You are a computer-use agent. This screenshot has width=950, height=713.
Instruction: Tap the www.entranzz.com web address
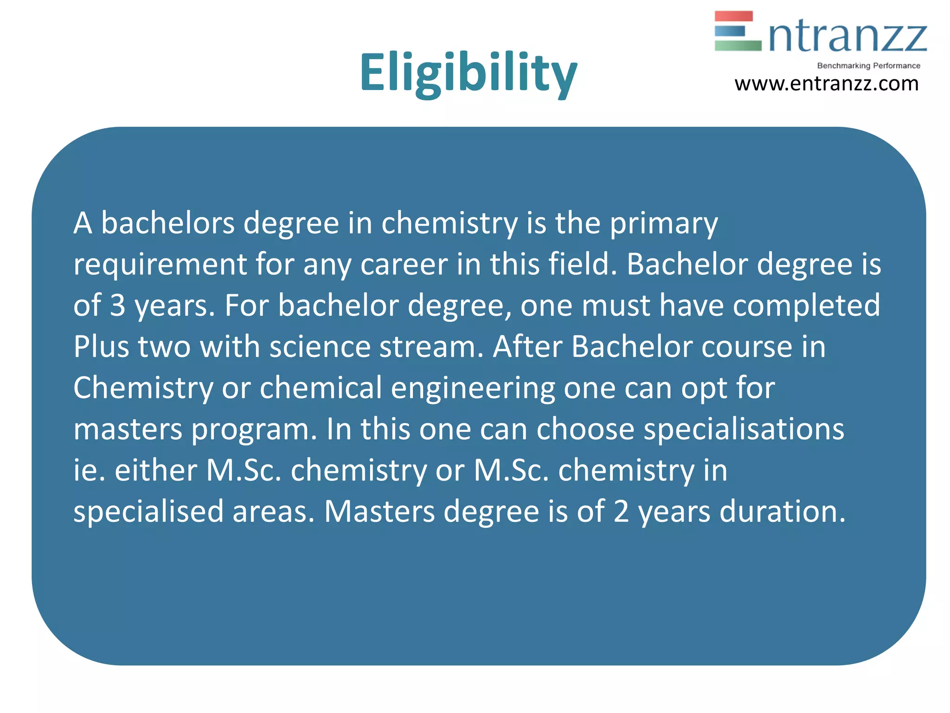(826, 84)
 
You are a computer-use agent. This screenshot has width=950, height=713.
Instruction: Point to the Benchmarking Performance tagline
(868, 66)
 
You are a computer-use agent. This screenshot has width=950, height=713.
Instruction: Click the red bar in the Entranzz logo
(733, 16)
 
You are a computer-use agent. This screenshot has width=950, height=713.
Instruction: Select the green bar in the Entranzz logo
(738, 45)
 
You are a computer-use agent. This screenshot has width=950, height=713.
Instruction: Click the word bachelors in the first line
(168, 223)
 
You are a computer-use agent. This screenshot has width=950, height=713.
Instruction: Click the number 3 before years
(118, 306)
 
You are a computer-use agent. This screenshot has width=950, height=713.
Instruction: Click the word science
(320, 347)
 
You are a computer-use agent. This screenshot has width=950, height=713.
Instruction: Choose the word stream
(431, 347)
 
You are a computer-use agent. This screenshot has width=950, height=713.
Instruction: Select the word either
(155, 470)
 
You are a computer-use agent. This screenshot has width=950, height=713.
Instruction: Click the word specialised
(148, 512)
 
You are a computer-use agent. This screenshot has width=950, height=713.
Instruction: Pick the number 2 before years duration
(621, 512)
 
